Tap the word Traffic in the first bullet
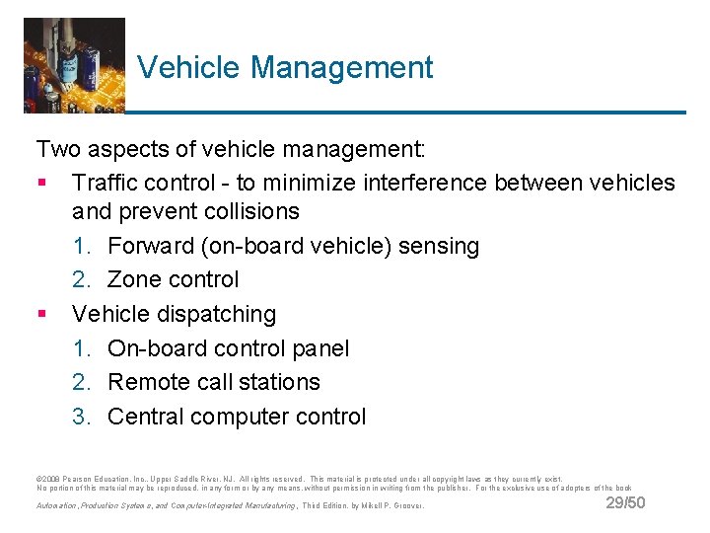coord(104,183)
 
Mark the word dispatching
coord(214,314)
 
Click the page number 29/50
coord(625,503)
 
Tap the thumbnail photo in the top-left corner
coord(74,65)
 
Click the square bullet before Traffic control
coord(41,184)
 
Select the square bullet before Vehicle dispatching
coord(41,315)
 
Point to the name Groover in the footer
coord(407,505)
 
